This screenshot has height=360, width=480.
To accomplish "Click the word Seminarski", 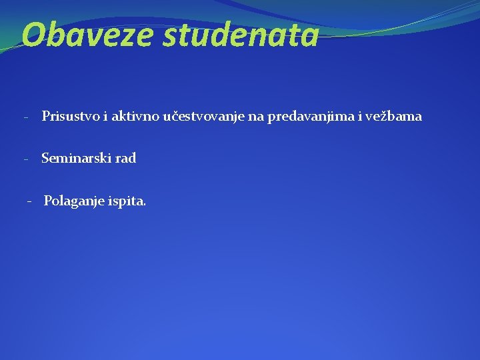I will [75, 159].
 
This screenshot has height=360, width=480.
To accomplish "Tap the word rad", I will [125, 159].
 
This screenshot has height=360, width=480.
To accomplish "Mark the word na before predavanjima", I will [257, 117].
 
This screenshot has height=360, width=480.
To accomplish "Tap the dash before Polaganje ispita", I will [29, 201].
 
